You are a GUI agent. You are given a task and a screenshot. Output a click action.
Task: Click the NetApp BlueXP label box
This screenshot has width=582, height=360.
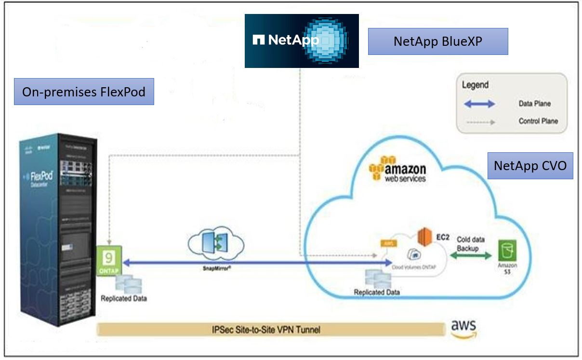click(x=438, y=41)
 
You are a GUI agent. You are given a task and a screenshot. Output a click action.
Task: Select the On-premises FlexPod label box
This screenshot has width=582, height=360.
click(x=84, y=92)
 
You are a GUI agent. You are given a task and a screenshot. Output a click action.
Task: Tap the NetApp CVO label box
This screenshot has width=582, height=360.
click(x=530, y=166)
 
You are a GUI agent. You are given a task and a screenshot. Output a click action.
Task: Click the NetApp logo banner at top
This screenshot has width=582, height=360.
click(x=302, y=40)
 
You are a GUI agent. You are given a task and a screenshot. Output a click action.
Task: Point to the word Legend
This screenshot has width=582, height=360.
click(x=476, y=85)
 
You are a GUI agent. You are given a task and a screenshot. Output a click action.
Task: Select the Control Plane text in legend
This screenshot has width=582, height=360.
click(x=538, y=121)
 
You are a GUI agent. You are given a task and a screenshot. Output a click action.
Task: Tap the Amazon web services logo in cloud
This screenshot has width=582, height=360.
click(x=398, y=169)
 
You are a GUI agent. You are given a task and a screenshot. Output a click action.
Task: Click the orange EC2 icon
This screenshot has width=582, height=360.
click(x=423, y=237)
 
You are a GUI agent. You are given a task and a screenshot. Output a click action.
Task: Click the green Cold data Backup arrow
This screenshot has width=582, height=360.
click(x=470, y=257)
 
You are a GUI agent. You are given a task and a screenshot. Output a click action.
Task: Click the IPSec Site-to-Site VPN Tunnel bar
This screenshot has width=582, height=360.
click(x=270, y=330)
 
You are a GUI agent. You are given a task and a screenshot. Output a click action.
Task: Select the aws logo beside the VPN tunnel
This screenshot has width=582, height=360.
click(x=463, y=328)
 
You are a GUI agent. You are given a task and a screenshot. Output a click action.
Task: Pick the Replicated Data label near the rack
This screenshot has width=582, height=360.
click(x=124, y=299)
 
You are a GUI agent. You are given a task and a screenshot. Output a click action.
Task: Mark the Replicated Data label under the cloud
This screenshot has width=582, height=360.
click(x=377, y=293)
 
